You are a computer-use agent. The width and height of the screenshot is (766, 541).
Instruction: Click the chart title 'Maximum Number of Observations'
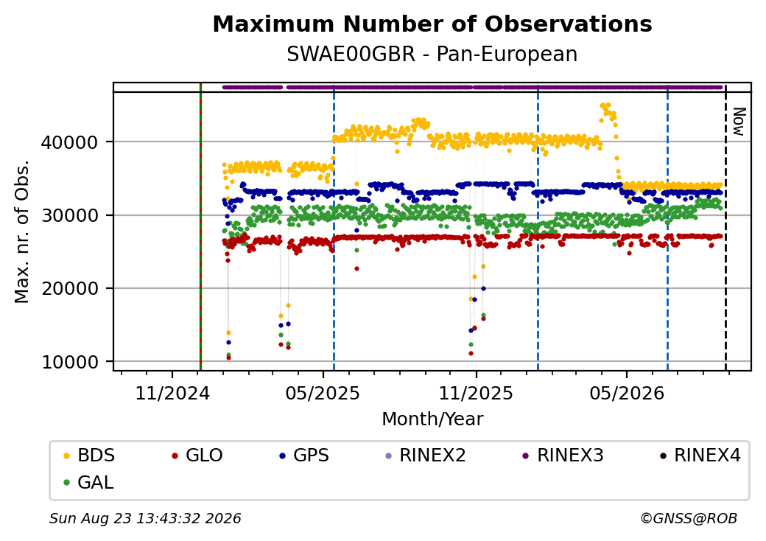[432, 24]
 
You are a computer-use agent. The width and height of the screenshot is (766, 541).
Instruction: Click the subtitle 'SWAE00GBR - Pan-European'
[432, 54]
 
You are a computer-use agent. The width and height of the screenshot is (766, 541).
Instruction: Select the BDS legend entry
[89, 456]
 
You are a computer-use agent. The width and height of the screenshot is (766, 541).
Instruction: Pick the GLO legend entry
[197, 456]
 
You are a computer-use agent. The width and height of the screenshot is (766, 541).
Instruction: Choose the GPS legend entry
[304, 456]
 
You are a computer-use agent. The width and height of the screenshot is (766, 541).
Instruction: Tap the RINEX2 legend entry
[426, 456]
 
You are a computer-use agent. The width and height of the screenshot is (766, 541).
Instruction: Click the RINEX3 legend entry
[563, 456]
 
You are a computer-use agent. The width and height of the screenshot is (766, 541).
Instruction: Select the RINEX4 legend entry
[700, 456]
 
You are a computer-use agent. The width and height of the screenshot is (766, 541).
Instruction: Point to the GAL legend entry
[89, 482]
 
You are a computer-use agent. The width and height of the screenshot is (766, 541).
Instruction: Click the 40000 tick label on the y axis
[70, 143]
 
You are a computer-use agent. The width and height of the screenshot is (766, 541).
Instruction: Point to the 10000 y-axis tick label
[70, 362]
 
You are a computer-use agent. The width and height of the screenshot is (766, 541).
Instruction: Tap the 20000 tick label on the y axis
[70, 289]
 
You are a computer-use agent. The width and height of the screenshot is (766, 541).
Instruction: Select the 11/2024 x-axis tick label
[172, 394]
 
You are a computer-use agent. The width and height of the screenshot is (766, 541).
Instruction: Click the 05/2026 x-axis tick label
[627, 394]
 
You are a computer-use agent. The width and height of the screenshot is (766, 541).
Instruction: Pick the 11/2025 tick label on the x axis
[476, 394]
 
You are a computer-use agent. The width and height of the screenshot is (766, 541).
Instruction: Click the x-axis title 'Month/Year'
[432, 419]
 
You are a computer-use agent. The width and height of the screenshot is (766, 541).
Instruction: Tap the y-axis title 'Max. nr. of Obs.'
[22, 231]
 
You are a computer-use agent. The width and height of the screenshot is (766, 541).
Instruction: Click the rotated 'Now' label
[739, 122]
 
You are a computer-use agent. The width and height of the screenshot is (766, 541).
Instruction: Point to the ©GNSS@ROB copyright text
[689, 518]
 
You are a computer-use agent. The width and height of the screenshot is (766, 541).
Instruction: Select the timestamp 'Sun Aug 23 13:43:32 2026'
[145, 518]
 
